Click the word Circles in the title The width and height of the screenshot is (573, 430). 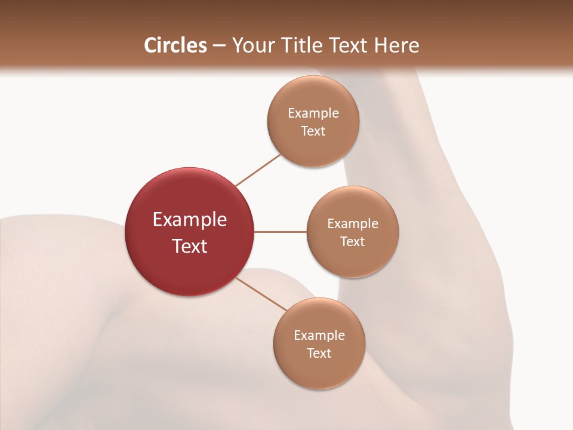pos(175,45)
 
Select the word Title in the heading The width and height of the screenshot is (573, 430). pos(304,45)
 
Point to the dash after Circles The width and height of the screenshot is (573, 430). pos(219,46)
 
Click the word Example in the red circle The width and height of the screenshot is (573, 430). pos(190,220)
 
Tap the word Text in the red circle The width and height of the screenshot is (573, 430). pos(190,246)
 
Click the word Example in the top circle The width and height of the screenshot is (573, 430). pos(313,113)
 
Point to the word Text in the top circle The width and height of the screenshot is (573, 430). pos(313,131)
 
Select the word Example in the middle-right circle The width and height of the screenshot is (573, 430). pos(353,223)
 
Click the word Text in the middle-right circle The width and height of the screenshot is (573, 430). pos(353,241)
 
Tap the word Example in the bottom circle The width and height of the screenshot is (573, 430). pos(319,335)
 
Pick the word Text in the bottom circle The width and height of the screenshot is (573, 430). pos(319,353)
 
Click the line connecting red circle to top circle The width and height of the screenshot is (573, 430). pos(258,170)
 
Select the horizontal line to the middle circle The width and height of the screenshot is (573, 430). pos(281,232)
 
